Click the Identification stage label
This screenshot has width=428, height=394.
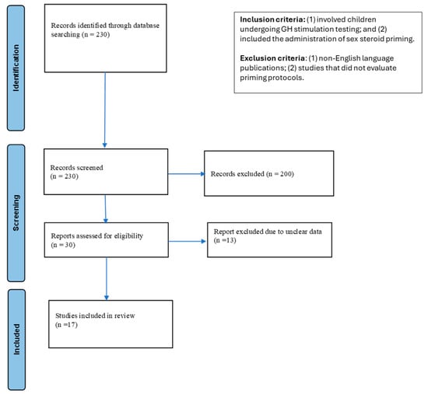click(x=16, y=68)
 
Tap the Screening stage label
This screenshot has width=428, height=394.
click(x=16, y=213)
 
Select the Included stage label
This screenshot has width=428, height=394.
click(x=16, y=340)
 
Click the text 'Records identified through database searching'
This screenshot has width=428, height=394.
click(x=105, y=30)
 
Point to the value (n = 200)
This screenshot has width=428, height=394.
click(x=280, y=174)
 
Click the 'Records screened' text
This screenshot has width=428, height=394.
click(x=77, y=167)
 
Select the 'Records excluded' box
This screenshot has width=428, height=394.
click(x=269, y=173)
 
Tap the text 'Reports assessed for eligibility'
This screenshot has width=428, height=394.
click(x=97, y=235)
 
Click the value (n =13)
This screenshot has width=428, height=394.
click(x=225, y=240)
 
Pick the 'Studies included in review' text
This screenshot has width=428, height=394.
click(x=95, y=316)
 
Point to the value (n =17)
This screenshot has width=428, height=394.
click(x=66, y=325)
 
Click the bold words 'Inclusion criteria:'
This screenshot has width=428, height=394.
click(x=272, y=19)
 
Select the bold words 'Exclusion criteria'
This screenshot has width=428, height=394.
click(x=272, y=58)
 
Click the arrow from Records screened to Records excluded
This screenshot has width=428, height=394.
click(x=186, y=174)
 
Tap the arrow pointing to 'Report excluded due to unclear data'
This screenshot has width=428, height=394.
click(x=188, y=241)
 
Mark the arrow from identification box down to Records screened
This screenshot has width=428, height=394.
click(x=105, y=110)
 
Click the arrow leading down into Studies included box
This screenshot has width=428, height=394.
click(x=107, y=278)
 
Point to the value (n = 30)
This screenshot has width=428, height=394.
click(x=63, y=245)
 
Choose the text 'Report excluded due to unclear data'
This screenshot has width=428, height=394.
click(x=268, y=232)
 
